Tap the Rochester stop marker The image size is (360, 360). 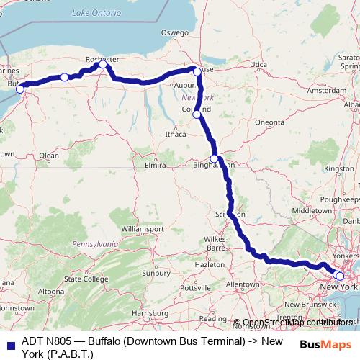point(103,65)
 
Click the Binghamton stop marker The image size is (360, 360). point(214,159)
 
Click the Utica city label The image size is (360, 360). point(258,65)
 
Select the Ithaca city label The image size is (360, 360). point(175,133)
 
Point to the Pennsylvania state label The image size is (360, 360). point(94,244)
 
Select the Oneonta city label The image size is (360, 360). point(269,122)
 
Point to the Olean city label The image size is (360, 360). point(48,155)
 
